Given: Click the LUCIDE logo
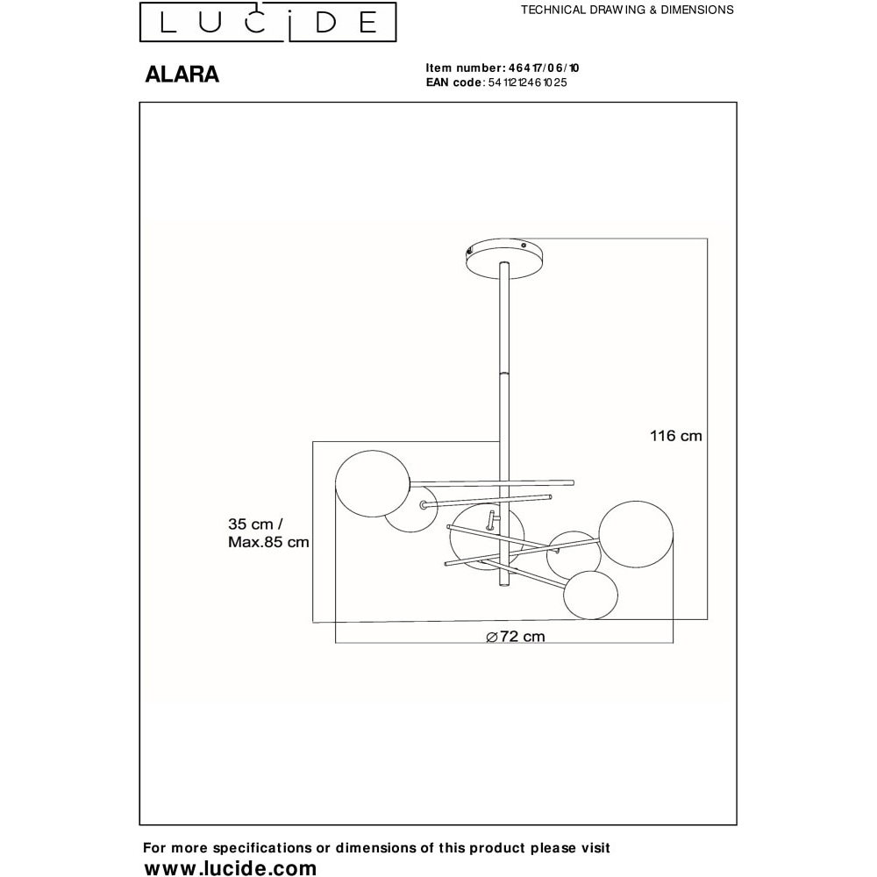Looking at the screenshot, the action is (x=267, y=22).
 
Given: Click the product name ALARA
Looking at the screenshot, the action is (x=182, y=75).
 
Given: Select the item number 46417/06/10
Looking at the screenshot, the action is (x=544, y=68).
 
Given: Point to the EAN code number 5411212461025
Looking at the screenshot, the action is (x=527, y=82).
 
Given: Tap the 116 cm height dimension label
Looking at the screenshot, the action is (x=675, y=436).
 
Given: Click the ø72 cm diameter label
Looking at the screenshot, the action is (x=515, y=637).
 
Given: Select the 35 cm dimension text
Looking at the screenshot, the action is (x=255, y=524).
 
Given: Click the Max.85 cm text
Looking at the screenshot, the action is (x=268, y=542).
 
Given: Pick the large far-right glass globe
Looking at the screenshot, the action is (x=636, y=534).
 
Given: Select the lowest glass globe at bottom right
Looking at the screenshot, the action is (x=590, y=595).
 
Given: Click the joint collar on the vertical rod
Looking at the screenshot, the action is (x=504, y=373).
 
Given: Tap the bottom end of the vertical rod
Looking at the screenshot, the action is (x=503, y=586).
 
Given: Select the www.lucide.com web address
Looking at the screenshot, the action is (x=230, y=867).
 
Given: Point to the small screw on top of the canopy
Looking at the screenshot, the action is (x=524, y=245).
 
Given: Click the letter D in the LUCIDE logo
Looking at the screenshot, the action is (x=325, y=23).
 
